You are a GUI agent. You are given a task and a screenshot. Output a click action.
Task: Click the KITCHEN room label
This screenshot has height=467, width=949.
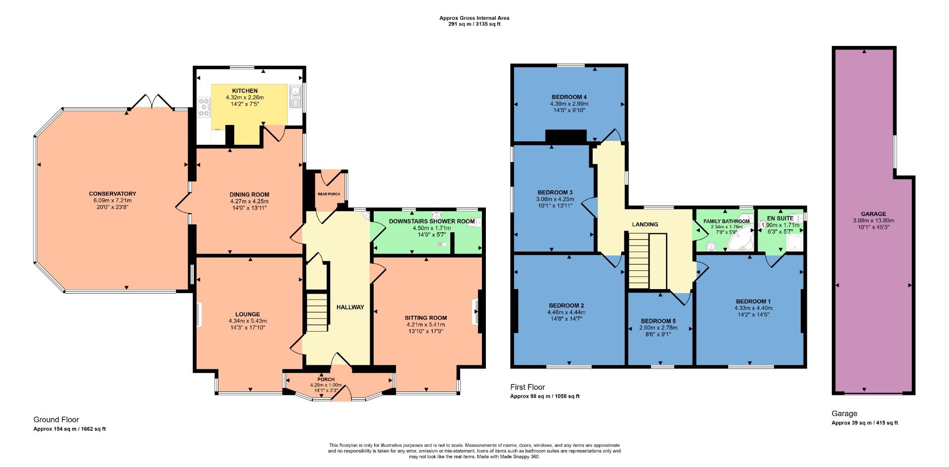245,91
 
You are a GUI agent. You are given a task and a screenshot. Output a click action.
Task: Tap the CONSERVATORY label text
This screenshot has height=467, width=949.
112,194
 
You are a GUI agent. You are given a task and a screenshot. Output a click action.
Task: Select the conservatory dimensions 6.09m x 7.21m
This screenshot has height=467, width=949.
112,201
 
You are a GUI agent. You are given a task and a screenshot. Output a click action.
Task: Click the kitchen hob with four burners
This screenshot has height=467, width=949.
203,108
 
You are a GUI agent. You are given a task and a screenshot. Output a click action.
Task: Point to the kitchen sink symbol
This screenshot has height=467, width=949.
296,97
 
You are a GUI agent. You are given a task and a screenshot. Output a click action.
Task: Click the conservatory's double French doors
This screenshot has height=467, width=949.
151,101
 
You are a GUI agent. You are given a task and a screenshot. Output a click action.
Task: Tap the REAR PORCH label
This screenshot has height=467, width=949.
329,194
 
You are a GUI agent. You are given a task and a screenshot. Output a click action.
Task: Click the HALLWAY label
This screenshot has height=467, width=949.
350,307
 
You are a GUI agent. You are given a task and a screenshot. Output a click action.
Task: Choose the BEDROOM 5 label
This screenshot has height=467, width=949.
658,321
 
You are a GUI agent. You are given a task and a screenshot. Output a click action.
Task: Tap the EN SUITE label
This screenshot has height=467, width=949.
780,218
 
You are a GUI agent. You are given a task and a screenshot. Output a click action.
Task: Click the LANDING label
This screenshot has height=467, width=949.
645,224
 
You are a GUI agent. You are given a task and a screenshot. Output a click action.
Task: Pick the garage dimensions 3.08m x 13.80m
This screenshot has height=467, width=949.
873,221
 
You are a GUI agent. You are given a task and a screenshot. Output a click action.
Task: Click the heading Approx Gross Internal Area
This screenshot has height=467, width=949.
474,18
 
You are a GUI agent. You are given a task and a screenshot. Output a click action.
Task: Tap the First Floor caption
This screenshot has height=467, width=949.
527,387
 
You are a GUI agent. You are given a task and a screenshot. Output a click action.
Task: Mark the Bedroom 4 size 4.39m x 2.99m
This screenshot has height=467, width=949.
569,104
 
